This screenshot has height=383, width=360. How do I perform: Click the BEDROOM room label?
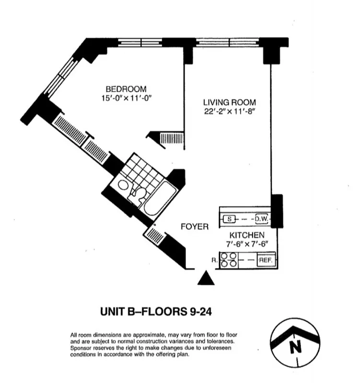(x=126, y=89)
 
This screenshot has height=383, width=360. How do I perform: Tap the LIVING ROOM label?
(x=229, y=102)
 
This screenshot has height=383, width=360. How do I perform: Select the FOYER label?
(x=195, y=226)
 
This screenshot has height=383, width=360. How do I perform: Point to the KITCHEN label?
(x=247, y=235)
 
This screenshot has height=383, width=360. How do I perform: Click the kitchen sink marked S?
(x=230, y=219)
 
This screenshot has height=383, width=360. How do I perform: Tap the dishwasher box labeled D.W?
(x=261, y=219)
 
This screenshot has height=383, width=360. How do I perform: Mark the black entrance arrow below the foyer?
(x=205, y=278)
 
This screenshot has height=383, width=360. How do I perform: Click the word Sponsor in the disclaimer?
(x=82, y=349)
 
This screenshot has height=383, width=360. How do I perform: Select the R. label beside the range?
(x=214, y=260)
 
